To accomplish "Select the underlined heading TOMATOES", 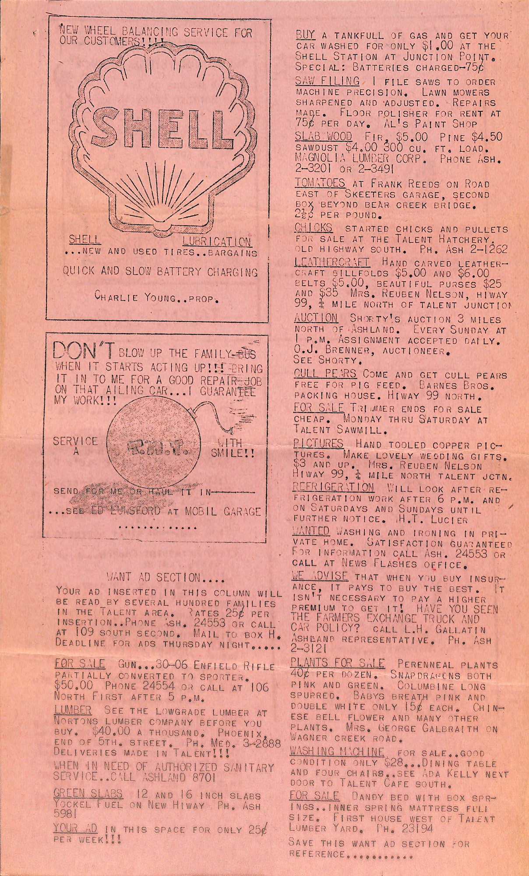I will (320, 183).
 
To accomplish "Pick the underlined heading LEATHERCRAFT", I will (332, 262).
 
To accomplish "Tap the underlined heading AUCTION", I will (316, 318).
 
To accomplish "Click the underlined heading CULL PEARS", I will (325, 374).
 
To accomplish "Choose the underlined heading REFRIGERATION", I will (333, 487).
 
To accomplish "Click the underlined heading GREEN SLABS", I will (88, 794).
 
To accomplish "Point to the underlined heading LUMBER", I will (73, 710).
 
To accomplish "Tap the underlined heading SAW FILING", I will (327, 81).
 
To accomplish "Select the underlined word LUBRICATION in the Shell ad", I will (217, 241).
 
